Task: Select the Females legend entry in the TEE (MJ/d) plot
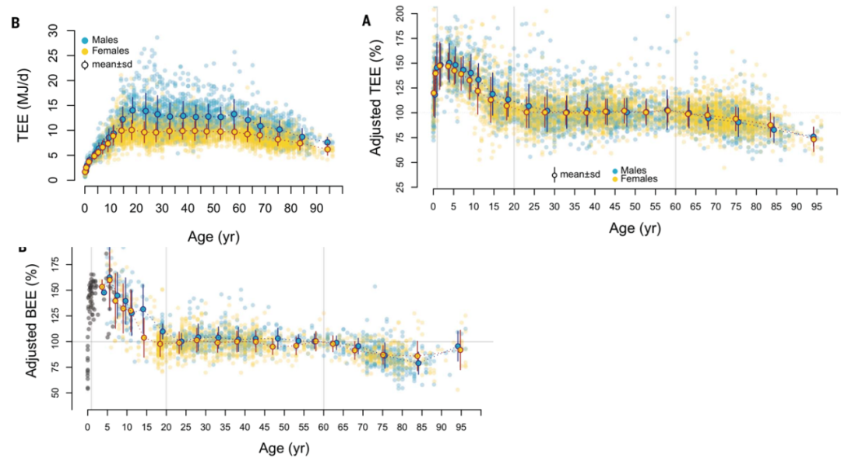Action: [x=110, y=51]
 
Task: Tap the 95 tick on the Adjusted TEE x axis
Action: [x=816, y=206]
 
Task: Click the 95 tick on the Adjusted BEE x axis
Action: [x=462, y=427]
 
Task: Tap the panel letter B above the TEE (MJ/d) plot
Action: [x=15, y=23]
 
